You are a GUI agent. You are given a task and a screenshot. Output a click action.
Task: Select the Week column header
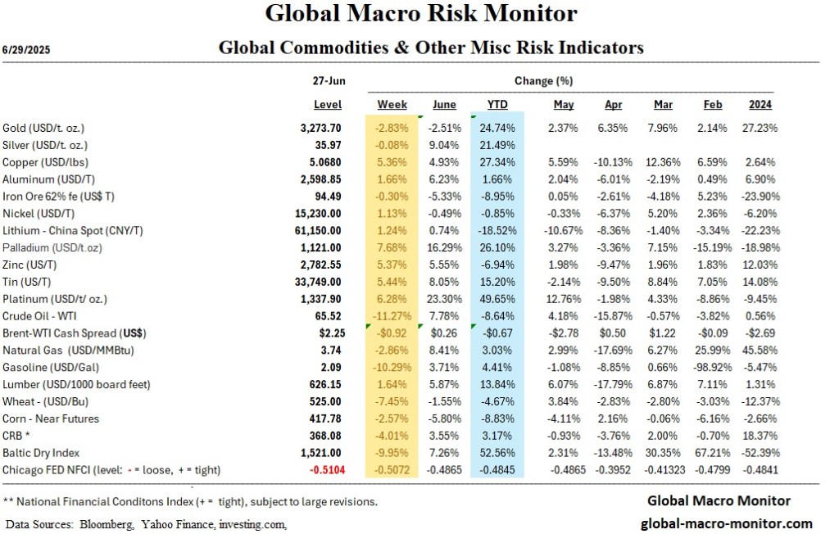[392, 105]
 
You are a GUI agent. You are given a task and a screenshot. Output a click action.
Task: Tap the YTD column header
[497, 105]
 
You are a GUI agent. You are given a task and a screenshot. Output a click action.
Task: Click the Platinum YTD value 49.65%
[497, 299]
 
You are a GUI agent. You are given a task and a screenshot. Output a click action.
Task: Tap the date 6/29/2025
[27, 49]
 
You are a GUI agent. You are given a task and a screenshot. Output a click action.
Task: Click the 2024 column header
[760, 105]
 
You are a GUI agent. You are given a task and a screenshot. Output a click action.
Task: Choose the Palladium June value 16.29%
[444, 247]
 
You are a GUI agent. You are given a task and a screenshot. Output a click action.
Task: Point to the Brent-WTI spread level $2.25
[328, 333]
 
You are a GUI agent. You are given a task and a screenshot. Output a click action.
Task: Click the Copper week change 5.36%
[392, 162]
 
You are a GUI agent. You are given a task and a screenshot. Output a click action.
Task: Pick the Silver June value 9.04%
[444, 145]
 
